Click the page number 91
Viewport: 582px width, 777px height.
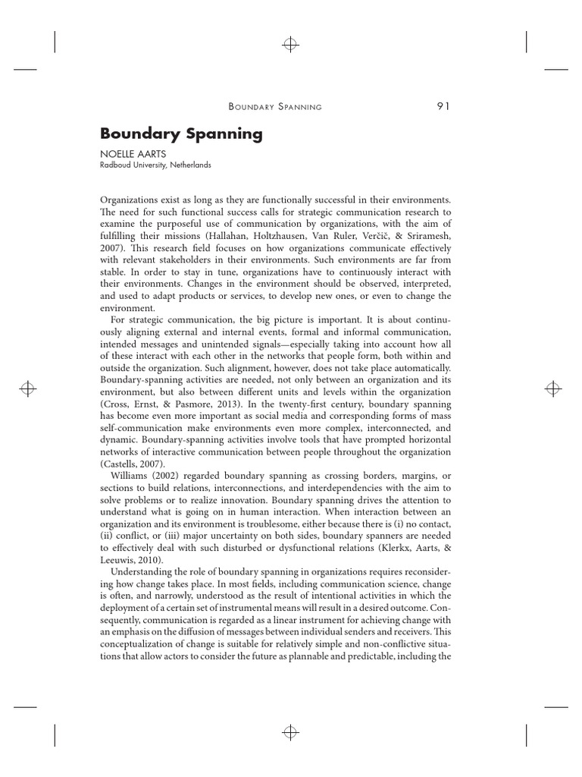pyautogui.click(x=443, y=105)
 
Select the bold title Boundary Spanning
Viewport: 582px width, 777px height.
pyautogui.click(x=181, y=134)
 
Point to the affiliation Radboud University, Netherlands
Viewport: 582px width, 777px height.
pyautogui.click(x=155, y=165)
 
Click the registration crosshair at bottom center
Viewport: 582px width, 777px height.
pyautogui.click(x=290, y=732)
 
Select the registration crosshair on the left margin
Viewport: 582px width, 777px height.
pyautogui.click(x=28, y=388)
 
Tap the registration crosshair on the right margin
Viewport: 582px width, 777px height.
pyautogui.click(x=553, y=388)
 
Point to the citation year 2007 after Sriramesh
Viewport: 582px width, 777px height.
pyautogui.click(x=111, y=247)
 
